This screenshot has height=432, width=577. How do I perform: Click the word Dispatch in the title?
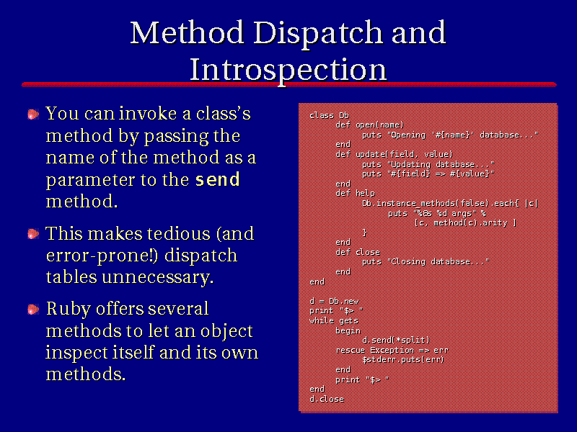point(318,34)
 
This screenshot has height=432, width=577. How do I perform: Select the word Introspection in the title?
point(288,71)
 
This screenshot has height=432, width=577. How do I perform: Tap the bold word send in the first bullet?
point(218,179)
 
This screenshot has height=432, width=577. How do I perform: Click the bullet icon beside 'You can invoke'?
point(33,114)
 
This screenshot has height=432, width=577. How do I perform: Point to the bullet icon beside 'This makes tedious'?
point(33,234)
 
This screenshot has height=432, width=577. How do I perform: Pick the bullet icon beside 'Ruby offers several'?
point(33,310)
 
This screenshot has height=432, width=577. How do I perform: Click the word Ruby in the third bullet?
point(69,310)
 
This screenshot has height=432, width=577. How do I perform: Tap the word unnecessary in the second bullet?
point(158,277)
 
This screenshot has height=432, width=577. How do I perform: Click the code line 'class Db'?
point(330,115)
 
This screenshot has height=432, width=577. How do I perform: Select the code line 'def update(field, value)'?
point(394,154)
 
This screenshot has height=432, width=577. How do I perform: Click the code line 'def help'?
point(355,193)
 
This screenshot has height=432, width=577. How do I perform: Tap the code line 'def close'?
point(358,252)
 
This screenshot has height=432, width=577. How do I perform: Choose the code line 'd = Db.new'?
point(334,301)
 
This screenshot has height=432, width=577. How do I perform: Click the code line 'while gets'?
point(334,320)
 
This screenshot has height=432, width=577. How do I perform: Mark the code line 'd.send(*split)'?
point(396,340)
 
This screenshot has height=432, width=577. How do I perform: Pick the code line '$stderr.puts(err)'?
point(403,359)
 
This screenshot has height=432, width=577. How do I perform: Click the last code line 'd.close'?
point(327,399)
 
